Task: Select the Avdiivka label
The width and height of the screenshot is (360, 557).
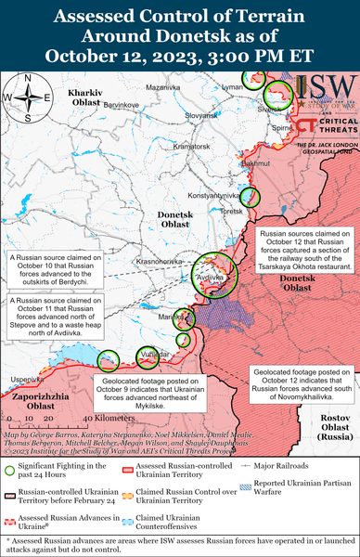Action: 212,277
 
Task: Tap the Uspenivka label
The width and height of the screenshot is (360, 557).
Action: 25,381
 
